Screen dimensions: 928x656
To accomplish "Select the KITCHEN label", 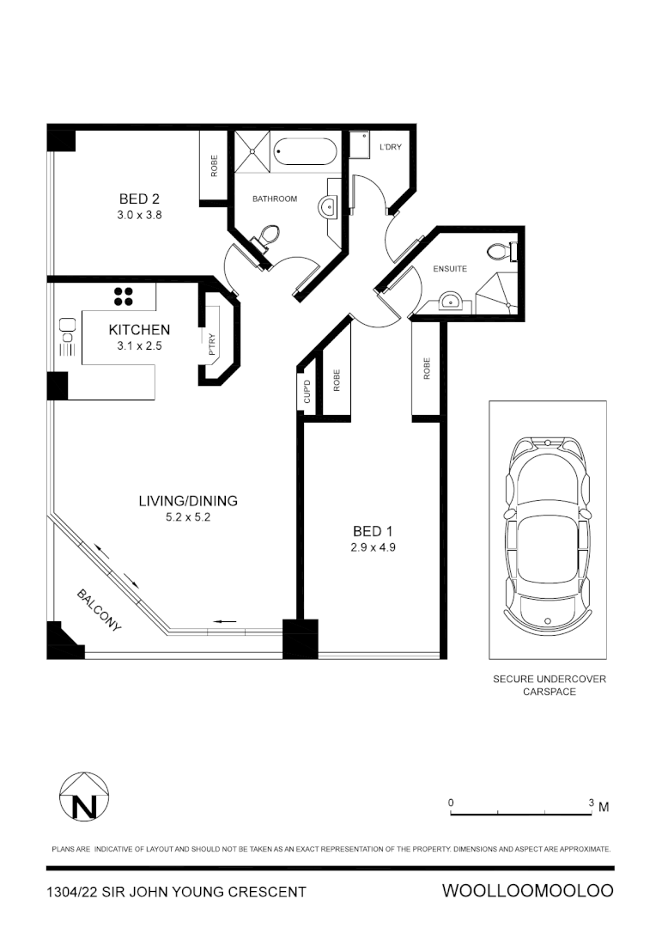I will (139, 329).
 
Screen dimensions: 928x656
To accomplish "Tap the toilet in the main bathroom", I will (270, 235).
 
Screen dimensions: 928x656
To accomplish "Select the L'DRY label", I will (391, 148).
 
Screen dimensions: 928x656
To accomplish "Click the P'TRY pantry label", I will (210, 345).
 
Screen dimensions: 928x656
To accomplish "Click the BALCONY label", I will (99, 610).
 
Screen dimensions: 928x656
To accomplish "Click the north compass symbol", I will (83, 797).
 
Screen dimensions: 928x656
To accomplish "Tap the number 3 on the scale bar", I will (591, 803).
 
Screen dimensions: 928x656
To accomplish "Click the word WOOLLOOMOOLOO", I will (527, 891).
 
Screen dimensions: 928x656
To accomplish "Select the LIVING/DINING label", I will (188, 501).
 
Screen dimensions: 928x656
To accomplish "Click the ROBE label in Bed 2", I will (214, 166).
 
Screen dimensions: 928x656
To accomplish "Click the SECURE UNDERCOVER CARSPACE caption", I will (549, 685).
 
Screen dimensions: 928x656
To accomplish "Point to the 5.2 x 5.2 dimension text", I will (187, 518).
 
